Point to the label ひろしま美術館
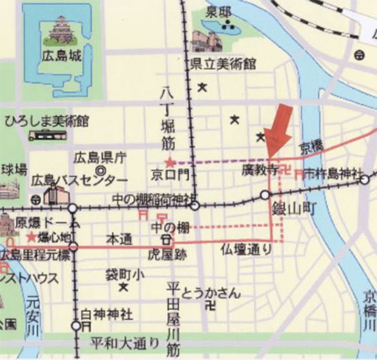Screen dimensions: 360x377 46,121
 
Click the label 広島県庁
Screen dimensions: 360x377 95,156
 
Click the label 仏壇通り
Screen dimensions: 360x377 246,250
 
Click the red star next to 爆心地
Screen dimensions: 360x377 32,237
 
